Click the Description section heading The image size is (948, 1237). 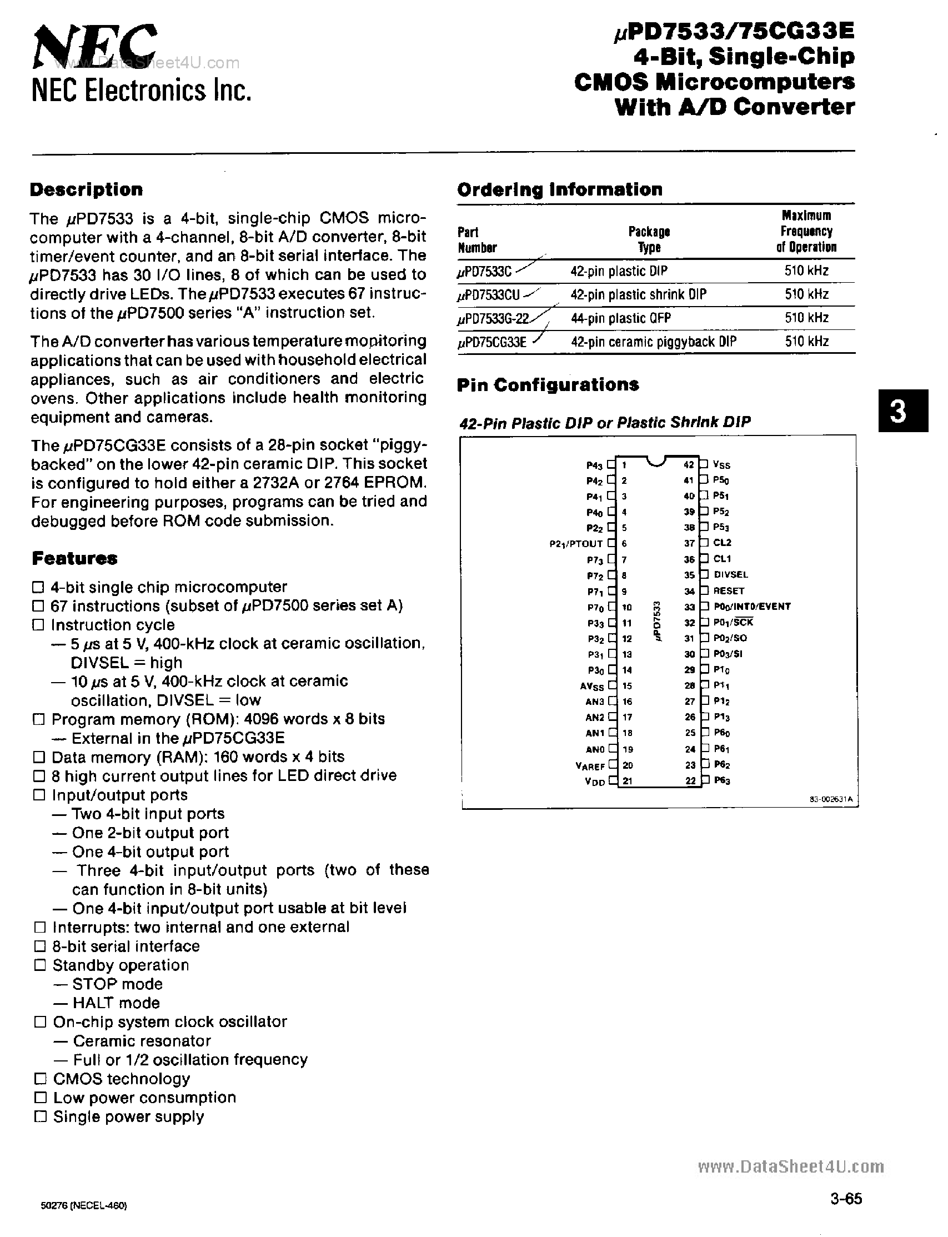86,189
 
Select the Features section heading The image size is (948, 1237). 74,559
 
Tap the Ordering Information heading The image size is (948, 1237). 559,189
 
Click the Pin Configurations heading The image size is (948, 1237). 548,385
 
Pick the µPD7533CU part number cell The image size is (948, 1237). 489,295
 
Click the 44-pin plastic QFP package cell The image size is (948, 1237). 621,318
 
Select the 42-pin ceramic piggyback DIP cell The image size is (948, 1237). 653,342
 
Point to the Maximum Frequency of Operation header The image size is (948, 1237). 806,232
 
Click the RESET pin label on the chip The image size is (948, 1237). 729,591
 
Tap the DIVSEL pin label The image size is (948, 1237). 731,574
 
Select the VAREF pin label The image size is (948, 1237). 590,767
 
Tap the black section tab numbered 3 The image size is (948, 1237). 902,411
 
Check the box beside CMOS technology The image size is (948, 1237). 40,1079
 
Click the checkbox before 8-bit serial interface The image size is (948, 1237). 40,946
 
